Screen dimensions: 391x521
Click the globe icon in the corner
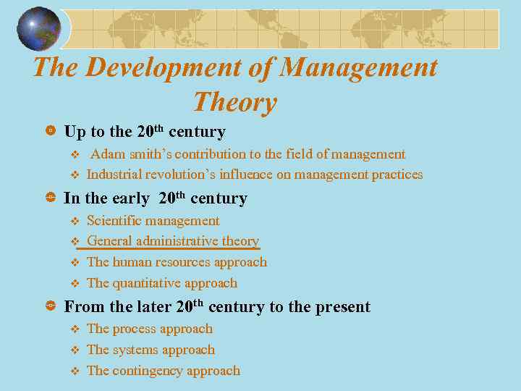coord(40,28)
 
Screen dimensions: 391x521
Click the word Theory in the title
coord(235,102)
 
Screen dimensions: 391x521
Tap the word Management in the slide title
coord(358,67)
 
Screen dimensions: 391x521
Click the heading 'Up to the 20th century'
coord(145,132)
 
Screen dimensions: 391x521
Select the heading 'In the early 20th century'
coord(156,198)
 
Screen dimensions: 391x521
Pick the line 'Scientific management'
coord(153,221)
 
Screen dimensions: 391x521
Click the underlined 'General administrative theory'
coord(172,241)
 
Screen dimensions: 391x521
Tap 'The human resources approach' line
coord(177,262)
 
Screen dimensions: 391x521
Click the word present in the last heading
coord(339,307)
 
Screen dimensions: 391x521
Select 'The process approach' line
coord(149,329)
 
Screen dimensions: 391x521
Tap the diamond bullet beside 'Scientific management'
coord(73,222)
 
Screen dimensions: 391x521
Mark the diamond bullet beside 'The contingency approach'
coord(73,371)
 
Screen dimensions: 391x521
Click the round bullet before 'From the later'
coord(51,307)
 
